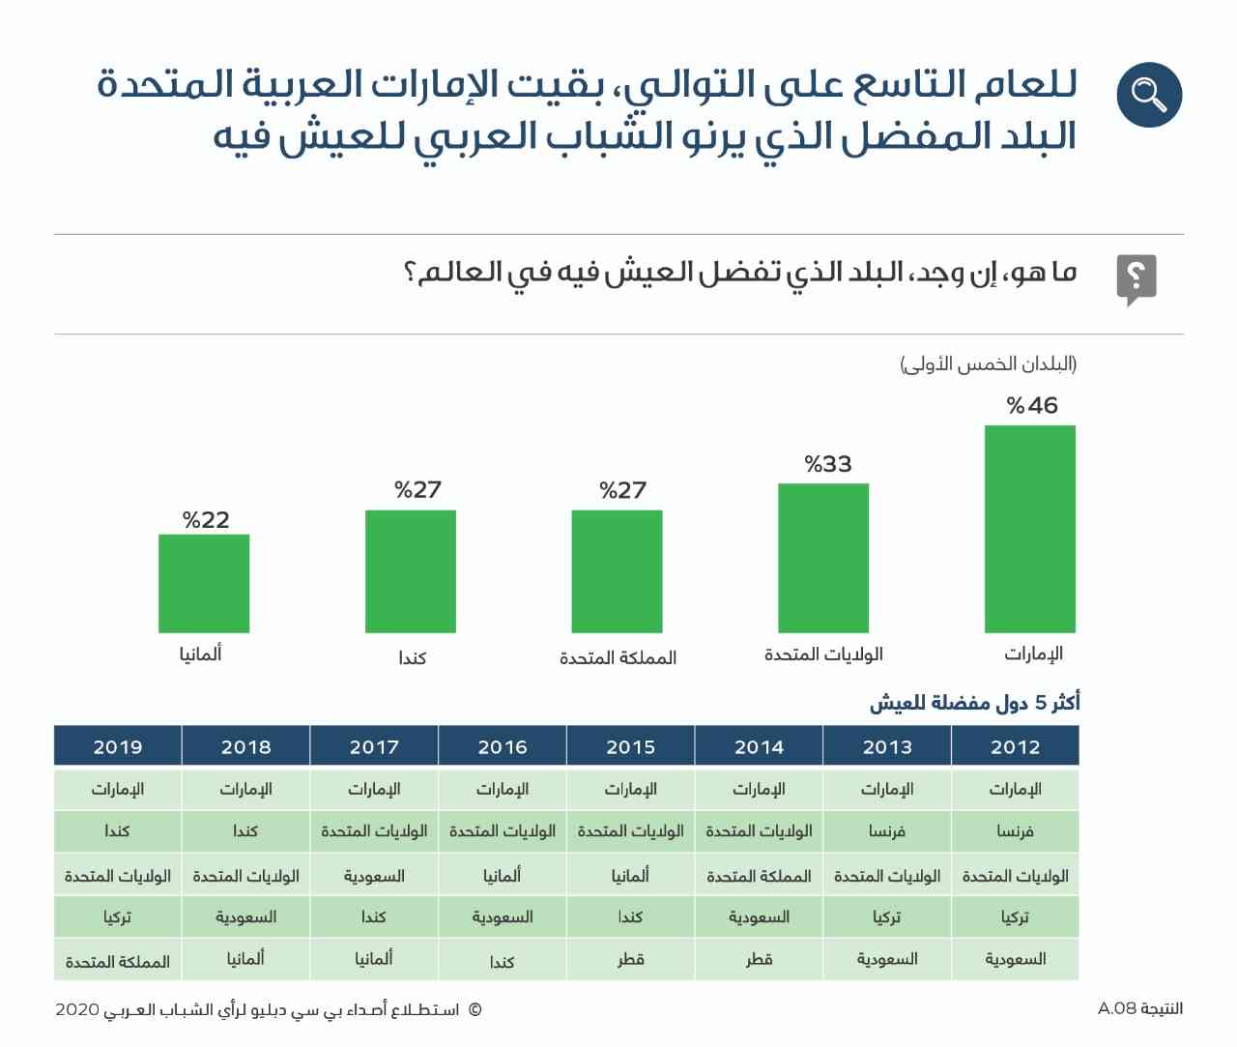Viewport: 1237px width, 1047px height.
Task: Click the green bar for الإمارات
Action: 1029,529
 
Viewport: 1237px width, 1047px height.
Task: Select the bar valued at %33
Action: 822,558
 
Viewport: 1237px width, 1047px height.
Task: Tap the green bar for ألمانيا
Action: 204,583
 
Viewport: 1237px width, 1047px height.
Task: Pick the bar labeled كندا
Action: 411,571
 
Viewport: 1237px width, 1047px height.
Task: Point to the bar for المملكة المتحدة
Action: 617,571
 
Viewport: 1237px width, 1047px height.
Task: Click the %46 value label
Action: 1032,405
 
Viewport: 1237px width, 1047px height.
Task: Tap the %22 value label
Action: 206,519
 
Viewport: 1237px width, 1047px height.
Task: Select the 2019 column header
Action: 118,746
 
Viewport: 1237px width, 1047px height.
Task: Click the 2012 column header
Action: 1016,746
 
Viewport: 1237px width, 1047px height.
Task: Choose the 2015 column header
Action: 631,746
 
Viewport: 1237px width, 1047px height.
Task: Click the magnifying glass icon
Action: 1149,95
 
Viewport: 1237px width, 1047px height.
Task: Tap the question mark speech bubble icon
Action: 1136,279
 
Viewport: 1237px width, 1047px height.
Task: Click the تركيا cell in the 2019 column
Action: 117,916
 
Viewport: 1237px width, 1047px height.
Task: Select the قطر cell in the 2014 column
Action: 759,960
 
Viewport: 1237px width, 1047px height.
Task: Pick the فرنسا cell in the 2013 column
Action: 887,830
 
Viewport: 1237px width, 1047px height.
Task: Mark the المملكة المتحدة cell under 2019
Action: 118,961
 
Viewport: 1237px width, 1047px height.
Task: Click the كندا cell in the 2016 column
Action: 503,961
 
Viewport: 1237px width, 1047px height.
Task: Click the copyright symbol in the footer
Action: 475,1010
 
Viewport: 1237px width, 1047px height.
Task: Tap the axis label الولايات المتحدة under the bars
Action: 823,654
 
